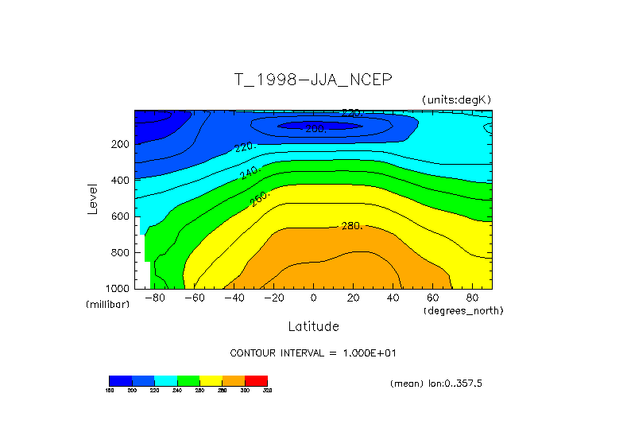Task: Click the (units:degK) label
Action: coord(457,99)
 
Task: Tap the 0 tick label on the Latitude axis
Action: coord(313,298)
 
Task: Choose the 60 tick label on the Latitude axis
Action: coord(433,298)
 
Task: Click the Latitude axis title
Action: coord(313,326)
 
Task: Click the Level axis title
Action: coord(94,199)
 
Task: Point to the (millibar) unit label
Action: coord(107,305)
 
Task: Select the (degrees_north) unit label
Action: coord(464,310)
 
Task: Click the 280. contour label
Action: coord(351,226)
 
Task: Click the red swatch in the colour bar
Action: coord(256,380)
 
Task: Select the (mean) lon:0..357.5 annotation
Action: coord(436,383)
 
